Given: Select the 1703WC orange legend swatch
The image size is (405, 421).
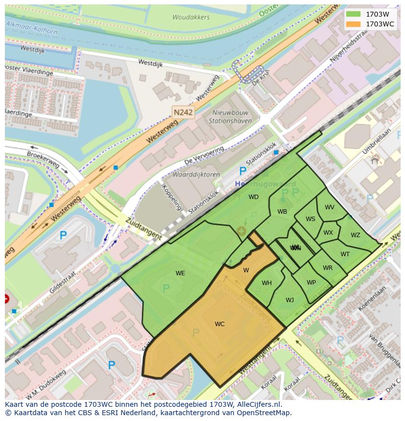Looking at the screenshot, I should click(x=353, y=24).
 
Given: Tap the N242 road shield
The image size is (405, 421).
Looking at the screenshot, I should click(x=183, y=112).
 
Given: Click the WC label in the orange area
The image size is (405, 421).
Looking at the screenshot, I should click(x=220, y=324).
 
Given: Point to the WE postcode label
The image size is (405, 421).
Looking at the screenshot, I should click(x=180, y=273).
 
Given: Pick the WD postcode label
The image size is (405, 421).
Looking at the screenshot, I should click(x=253, y=197).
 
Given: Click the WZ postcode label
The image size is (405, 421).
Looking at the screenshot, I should click(x=355, y=235).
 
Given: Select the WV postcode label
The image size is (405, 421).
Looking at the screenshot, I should click(x=330, y=207).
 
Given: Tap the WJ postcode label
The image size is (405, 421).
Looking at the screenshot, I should click(x=290, y=300).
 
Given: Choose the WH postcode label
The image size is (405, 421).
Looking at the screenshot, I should click(x=267, y=283).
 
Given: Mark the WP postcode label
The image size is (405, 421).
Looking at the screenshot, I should click(x=311, y=283).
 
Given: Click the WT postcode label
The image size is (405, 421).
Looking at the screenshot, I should click(x=345, y=254).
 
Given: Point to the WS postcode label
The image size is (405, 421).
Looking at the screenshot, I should click(x=311, y=219).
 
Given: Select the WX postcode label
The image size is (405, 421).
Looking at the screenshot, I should click(x=328, y=233).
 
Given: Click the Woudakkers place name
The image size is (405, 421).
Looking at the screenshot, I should click(x=191, y=17).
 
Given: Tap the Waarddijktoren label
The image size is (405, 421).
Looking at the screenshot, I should click(x=196, y=175).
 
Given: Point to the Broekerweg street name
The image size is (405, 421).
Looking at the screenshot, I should click(x=43, y=158).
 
